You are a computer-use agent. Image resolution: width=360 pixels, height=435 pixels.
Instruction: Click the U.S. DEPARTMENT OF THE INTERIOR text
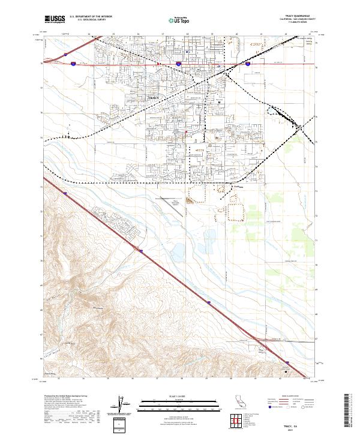click(90, 17)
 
